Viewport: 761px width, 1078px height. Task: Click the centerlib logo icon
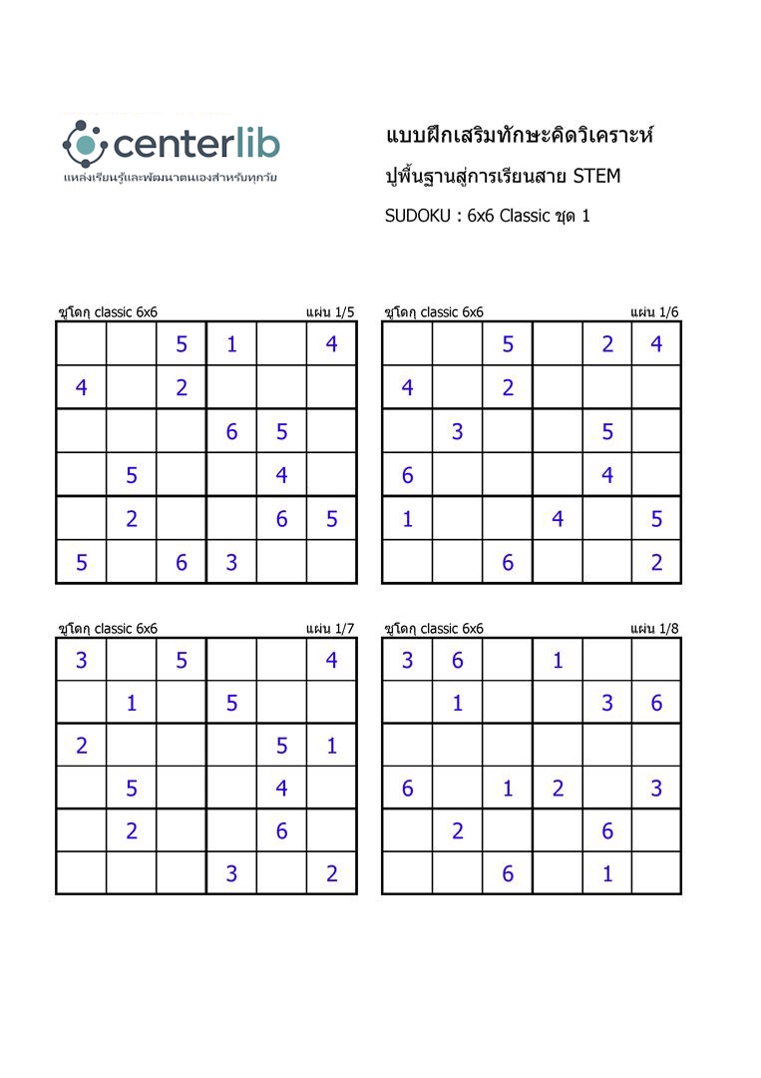84,144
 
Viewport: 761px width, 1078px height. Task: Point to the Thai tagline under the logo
170,177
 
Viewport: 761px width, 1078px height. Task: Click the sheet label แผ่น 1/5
330,312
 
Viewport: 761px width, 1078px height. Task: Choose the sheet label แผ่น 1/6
655,312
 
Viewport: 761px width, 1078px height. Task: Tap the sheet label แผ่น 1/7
330,629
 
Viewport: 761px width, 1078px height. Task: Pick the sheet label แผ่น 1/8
655,629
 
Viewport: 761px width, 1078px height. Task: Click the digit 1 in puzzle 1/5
231,344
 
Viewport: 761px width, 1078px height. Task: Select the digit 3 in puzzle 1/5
231,562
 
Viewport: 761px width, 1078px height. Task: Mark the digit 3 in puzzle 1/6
458,432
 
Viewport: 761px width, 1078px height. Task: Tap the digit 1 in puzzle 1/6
408,519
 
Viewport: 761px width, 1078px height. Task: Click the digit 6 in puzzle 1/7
281,830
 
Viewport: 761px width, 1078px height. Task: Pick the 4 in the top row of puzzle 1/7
331,660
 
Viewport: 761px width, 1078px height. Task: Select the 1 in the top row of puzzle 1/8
558,660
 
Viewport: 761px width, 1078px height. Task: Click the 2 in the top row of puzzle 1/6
607,344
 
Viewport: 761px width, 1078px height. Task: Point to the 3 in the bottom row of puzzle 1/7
231,874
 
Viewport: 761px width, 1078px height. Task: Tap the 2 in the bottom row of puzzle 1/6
656,562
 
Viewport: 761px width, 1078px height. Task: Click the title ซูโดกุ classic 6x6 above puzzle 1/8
434,629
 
